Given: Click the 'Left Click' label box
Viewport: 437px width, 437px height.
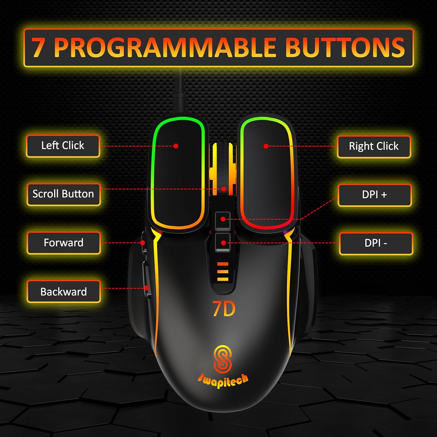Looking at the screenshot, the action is click(63, 146).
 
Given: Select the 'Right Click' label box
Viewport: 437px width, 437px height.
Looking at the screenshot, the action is click(374, 147).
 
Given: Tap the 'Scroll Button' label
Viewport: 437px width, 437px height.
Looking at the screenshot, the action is click(63, 194).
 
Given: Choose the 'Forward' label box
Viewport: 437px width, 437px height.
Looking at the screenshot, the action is click(64, 243).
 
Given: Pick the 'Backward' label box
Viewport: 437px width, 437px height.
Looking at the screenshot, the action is click(64, 292).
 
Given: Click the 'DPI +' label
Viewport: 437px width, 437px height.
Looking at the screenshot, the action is click(375, 195).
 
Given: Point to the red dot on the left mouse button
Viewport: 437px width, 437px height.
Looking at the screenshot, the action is click(176, 146).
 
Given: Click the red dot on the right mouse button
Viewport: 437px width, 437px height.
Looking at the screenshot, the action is click(266, 146).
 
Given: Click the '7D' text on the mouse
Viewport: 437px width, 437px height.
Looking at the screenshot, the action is click(224, 309).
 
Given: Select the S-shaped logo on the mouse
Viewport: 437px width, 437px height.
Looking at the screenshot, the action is click(223, 359).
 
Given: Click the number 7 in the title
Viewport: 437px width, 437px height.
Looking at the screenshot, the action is click(38, 47).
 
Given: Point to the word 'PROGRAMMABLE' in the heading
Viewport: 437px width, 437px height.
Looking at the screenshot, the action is click(165, 47).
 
